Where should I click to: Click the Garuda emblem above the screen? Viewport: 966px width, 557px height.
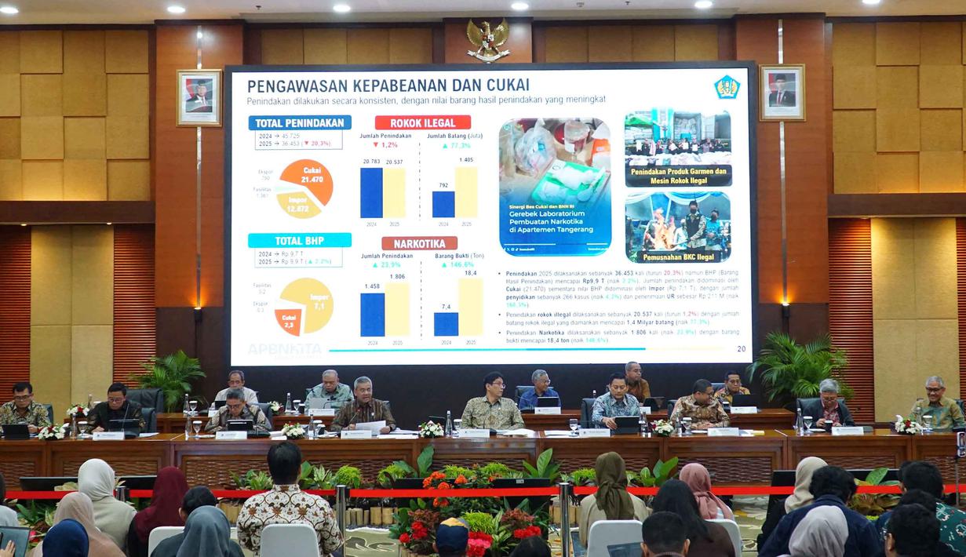click(x=488, y=38)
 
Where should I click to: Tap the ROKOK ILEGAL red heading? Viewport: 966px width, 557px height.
click(x=422, y=122)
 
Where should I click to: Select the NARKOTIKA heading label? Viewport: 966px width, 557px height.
click(x=419, y=243)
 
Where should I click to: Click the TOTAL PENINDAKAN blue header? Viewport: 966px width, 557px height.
click(x=300, y=122)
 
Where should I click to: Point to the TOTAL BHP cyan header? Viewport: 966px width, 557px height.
click(x=300, y=240)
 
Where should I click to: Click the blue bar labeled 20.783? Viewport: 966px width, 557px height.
click(x=371, y=193)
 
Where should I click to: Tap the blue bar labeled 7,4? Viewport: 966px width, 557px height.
click(x=446, y=324)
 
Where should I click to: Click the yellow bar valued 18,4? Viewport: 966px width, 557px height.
click(x=471, y=308)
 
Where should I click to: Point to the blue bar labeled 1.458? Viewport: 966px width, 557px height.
click(x=372, y=315)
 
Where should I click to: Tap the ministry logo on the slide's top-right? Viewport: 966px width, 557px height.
click(x=727, y=87)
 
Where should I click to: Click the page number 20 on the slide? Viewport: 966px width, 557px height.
click(x=742, y=349)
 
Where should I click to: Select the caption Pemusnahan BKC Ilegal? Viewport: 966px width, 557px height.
click(x=678, y=257)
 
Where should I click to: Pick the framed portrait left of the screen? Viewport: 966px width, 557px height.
click(x=199, y=97)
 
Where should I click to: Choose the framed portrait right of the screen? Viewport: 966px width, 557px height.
click(x=782, y=92)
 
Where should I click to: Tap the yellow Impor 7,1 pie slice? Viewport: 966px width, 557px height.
click(x=311, y=302)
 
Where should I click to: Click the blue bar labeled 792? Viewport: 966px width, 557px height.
click(x=443, y=204)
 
